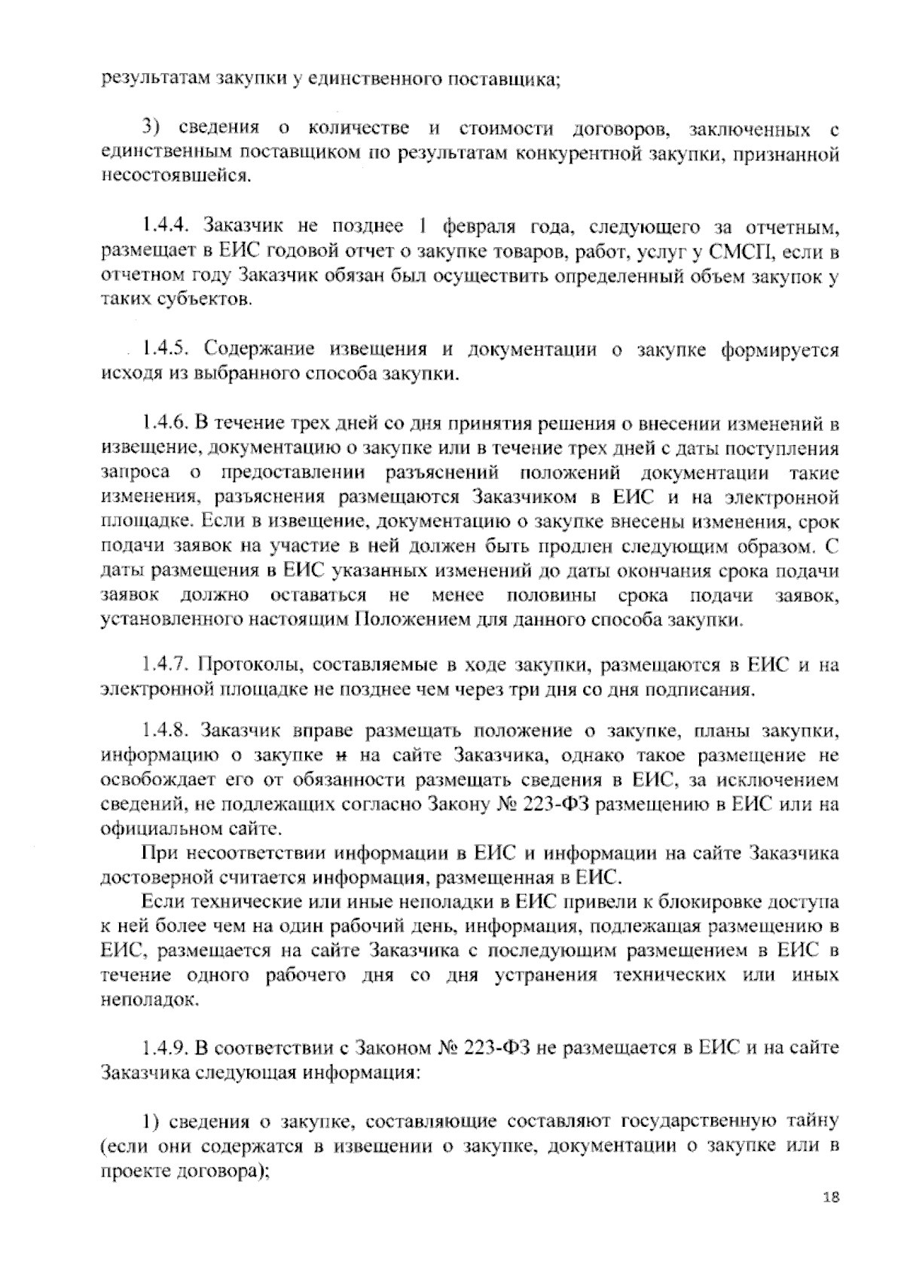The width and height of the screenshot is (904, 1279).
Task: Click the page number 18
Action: click(x=831, y=1219)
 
